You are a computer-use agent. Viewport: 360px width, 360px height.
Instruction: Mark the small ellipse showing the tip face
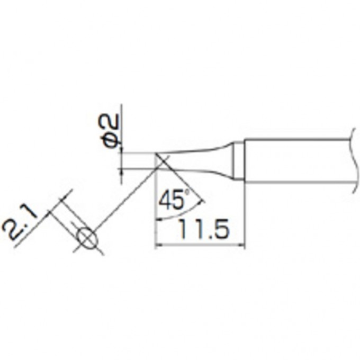point(86,238)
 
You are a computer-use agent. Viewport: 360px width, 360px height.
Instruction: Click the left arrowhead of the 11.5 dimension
point(158,245)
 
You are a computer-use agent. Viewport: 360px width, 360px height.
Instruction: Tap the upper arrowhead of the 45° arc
point(201,200)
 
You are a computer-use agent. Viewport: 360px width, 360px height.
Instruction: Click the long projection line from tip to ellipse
point(127,196)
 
